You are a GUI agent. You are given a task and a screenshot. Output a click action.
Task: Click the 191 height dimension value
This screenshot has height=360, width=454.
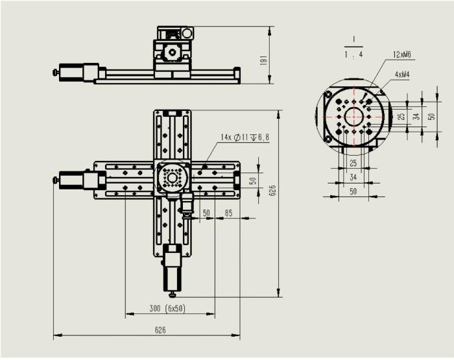pos(263,60)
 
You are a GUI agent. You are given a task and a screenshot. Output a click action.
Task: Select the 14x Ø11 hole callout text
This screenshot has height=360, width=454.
pos(245,138)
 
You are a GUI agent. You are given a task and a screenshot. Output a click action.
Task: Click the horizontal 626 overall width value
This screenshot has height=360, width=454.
pos(160,330)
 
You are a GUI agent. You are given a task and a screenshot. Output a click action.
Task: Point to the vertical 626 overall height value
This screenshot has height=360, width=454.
pos(272,191)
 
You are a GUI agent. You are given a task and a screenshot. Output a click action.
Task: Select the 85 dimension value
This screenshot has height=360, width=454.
pos(228,213)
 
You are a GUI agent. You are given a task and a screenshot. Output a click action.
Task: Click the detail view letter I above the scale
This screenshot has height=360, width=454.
pos(354,39)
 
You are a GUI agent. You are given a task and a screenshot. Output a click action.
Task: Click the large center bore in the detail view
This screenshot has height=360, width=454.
pos(354,117)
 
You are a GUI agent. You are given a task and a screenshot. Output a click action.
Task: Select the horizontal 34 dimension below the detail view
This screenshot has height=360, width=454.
pos(353,176)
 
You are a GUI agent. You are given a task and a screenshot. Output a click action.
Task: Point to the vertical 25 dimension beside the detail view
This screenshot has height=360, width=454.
pos(401,117)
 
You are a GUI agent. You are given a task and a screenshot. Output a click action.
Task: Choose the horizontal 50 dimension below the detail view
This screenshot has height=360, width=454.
pos(353,191)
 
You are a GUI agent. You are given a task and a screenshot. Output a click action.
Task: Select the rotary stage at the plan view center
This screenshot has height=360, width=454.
pos(172,177)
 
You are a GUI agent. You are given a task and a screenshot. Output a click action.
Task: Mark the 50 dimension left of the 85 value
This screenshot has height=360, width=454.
pos(206,213)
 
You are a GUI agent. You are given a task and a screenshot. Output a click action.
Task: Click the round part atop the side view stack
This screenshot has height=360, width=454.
pos(187,32)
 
